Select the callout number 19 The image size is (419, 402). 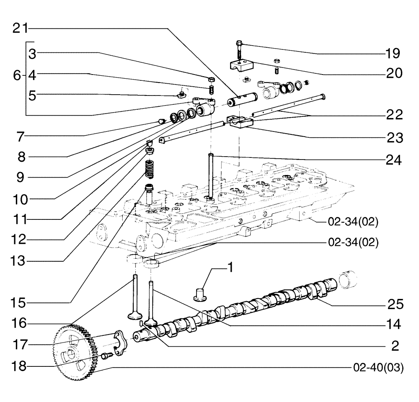pyautogui.click(x=393, y=54)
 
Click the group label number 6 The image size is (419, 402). pyautogui.click(x=16, y=75)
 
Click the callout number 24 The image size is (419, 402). pyautogui.click(x=393, y=159)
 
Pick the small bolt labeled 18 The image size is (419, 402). pyautogui.click(x=106, y=356)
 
